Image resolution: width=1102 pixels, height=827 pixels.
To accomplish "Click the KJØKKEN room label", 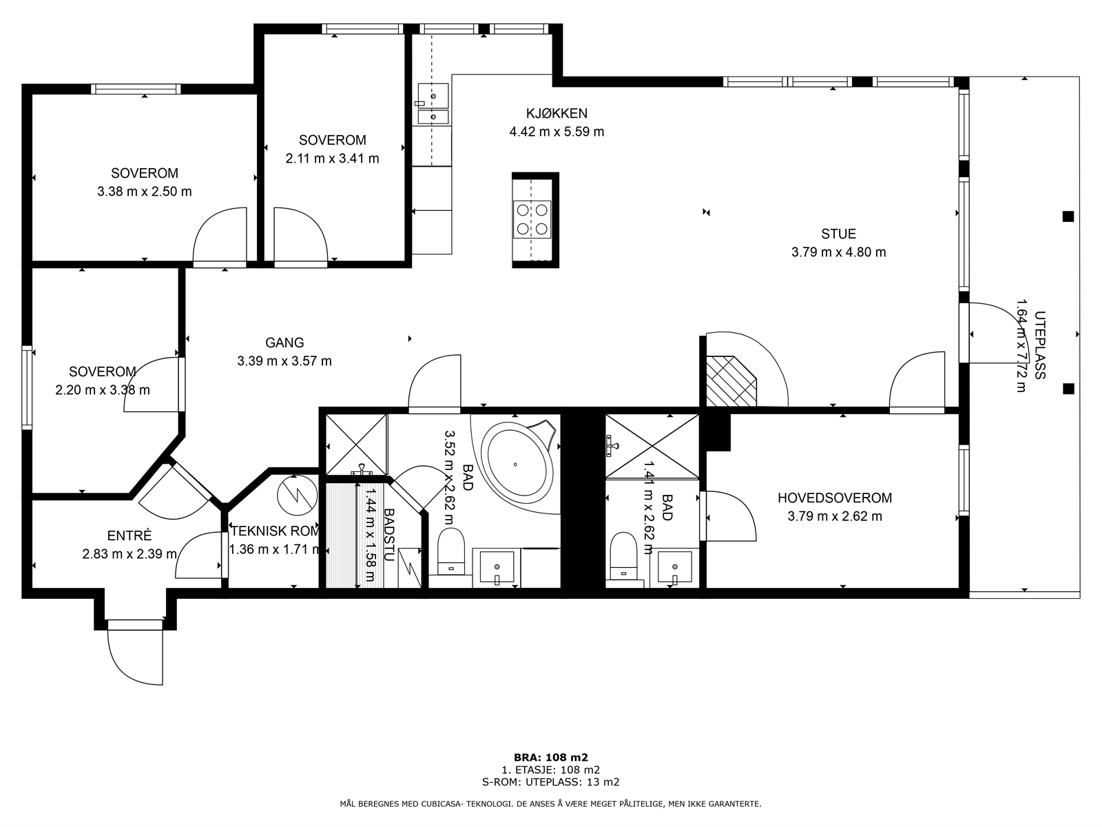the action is (x=557, y=114).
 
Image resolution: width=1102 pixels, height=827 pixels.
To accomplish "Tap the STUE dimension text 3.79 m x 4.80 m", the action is (x=838, y=252).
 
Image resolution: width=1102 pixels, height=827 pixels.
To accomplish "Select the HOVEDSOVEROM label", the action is (x=834, y=498).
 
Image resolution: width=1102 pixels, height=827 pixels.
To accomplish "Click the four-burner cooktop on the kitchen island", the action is (x=532, y=219).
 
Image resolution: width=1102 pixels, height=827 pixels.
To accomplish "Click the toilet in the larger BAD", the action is (x=451, y=551).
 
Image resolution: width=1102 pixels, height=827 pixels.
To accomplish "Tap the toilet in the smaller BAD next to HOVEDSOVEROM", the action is (x=623, y=556).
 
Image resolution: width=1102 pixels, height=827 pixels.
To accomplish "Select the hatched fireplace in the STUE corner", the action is (x=731, y=381).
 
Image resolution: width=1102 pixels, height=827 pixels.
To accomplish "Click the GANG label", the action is (x=284, y=343).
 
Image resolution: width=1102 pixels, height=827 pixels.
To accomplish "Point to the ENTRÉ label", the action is (x=129, y=535).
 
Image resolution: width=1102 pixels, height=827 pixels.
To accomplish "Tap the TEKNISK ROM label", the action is (x=275, y=531).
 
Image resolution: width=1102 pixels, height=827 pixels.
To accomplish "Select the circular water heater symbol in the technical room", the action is (x=298, y=495).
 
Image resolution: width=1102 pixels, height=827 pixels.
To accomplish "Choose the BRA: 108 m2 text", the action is (x=551, y=757).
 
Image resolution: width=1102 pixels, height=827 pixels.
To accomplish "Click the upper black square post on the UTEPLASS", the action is (x=1068, y=216).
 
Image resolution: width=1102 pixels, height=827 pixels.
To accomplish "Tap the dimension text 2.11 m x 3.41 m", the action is (x=333, y=159).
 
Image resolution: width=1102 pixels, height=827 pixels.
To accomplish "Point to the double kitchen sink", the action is (x=433, y=103).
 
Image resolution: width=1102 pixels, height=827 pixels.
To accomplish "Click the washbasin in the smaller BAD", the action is (x=675, y=567).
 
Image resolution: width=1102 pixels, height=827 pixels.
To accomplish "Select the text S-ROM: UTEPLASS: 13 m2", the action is (x=551, y=782).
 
